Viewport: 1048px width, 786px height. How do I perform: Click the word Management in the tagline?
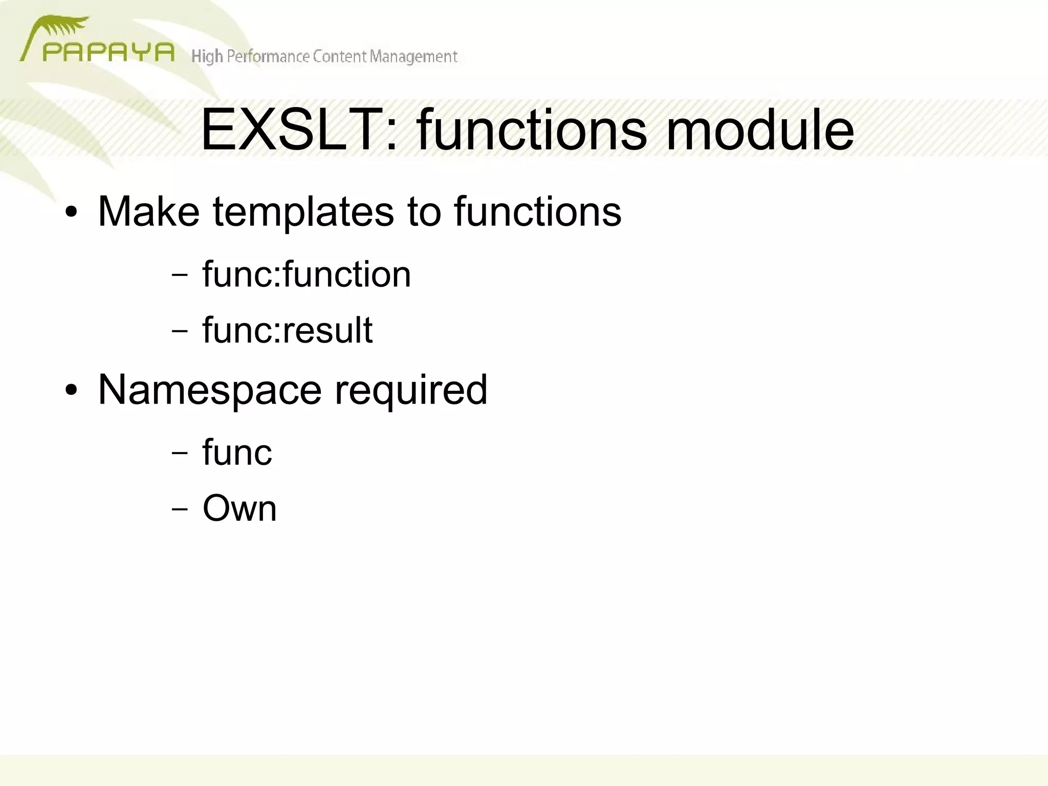click(x=413, y=56)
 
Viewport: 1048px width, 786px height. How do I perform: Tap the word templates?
click(x=303, y=212)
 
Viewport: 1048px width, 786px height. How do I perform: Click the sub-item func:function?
click(x=306, y=274)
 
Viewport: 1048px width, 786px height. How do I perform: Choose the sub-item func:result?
click(x=287, y=330)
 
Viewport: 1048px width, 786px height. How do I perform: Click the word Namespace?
click(x=209, y=390)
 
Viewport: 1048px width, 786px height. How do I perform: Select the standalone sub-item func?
click(x=237, y=452)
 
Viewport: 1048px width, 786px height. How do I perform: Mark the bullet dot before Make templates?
click(x=71, y=213)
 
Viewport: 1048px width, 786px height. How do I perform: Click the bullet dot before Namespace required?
click(x=71, y=391)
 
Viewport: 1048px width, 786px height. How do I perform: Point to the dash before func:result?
click(x=180, y=331)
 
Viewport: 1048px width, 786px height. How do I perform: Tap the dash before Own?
click(x=180, y=509)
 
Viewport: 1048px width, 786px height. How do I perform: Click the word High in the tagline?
click(x=207, y=56)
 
